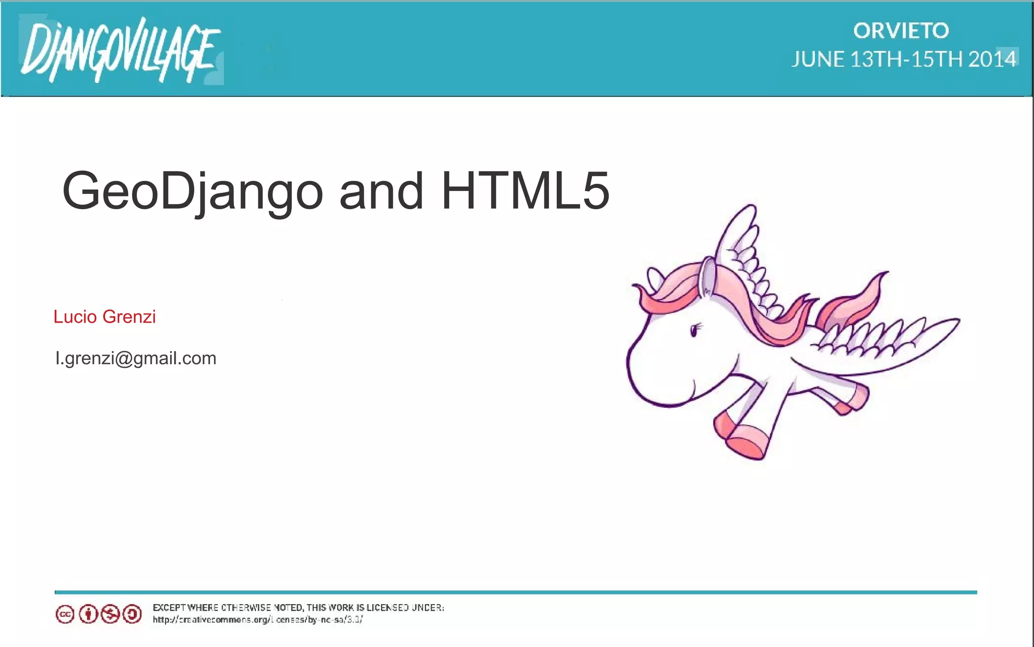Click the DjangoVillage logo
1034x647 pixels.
coord(120,51)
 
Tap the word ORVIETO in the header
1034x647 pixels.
coord(901,31)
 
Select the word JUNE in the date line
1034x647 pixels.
coord(817,60)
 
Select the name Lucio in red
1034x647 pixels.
coord(75,317)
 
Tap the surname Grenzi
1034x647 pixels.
coord(129,317)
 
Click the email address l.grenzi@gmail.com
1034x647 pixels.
coord(135,358)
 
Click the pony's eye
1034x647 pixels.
coord(695,330)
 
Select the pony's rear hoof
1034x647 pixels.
coord(853,399)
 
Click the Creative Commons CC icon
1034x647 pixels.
coord(65,614)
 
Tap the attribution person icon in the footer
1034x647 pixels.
coord(88,614)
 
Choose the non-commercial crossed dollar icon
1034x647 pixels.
coord(110,614)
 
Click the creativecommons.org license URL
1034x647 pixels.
coord(257,620)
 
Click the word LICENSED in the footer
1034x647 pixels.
coord(387,608)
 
